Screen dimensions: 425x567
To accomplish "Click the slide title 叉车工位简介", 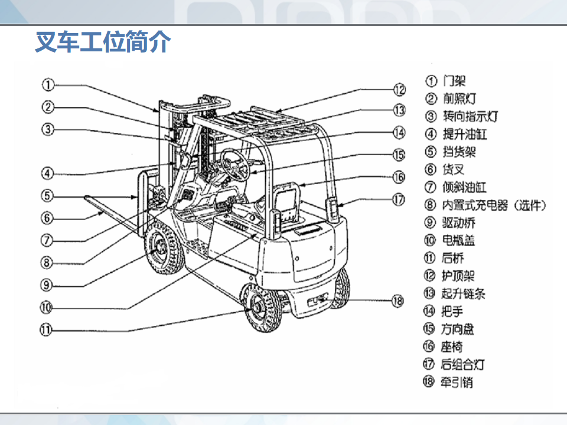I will point(103,42).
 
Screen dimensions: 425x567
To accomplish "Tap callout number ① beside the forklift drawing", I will point(48,85).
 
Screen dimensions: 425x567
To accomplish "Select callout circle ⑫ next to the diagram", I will point(400,90).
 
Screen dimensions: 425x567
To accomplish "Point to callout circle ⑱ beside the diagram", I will point(397,300).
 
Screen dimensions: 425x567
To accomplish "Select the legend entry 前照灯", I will point(459,99).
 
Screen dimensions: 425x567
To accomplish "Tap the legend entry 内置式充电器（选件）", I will point(494,205).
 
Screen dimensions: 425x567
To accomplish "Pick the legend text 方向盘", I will point(458,329).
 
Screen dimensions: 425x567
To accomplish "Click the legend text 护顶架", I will point(458,276).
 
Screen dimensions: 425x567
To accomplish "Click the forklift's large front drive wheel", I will point(160,251).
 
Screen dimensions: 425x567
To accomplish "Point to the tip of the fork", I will point(89,197).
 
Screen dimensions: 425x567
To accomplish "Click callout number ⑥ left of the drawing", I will point(48,217).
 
